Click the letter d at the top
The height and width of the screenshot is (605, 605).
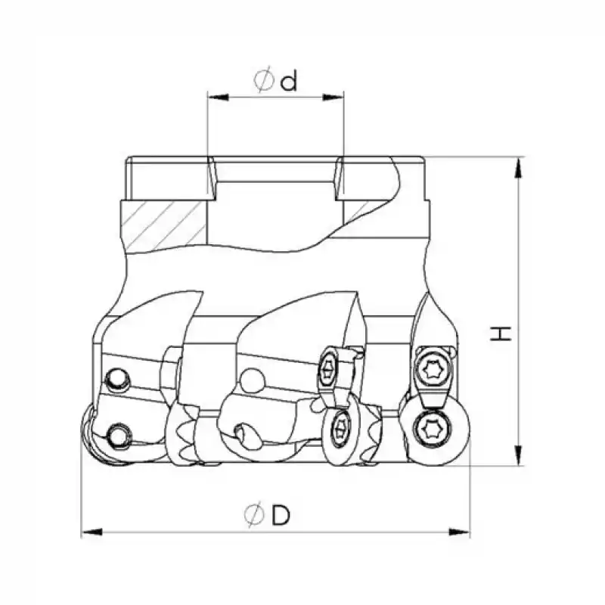[287, 81]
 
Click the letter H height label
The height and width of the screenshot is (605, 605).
[501, 333]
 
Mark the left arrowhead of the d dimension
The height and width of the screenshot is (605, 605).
[213, 97]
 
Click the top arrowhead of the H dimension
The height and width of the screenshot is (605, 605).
[518, 166]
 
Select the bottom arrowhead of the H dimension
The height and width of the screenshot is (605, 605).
[518, 458]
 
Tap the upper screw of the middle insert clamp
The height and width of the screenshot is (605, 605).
[330, 368]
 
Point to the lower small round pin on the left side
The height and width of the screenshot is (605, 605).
[117, 435]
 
